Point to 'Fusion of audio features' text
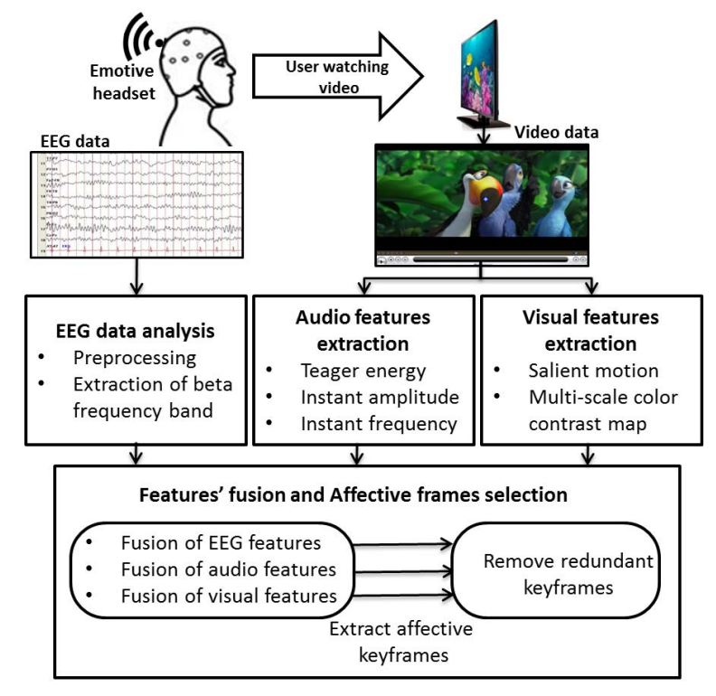228,569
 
